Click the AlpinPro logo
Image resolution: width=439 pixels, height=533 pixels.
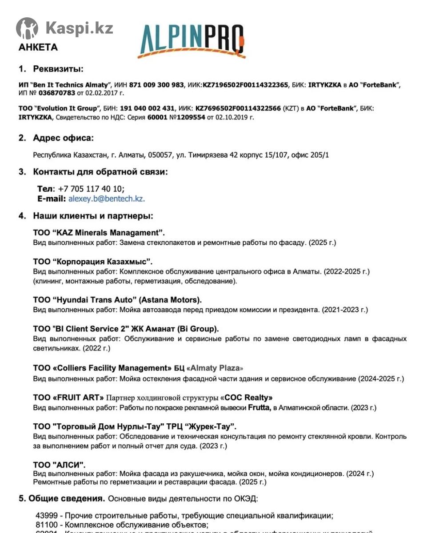(x=192, y=41)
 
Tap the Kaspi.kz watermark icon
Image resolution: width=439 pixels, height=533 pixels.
(x=27, y=28)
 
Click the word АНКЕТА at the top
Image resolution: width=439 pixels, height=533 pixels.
(x=38, y=47)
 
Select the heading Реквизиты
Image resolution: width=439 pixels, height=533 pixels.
(x=58, y=69)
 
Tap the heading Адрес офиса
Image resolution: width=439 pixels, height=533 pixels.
(x=63, y=138)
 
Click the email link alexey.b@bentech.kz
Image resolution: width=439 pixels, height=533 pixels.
(x=106, y=199)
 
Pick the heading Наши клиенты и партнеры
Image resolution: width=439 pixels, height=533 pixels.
(x=93, y=216)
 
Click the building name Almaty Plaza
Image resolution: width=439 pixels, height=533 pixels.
(x=215, y=368)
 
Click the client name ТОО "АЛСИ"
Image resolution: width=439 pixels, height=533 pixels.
(x=59, y=465)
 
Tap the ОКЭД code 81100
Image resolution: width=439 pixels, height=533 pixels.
(x=45, y=525)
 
